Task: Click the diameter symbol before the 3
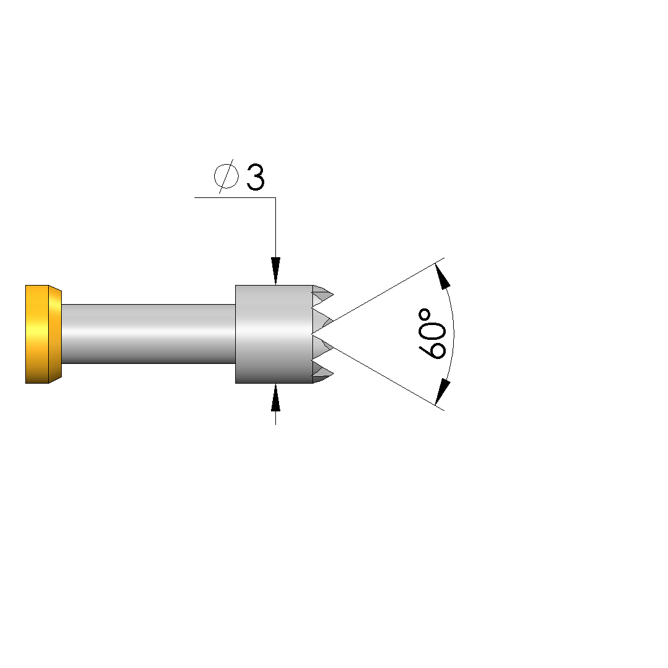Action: (226, 176)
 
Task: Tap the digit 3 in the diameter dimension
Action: (256, 177)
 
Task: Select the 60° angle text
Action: (432, 334)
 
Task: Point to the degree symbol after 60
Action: (425, 316)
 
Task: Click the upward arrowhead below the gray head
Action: (276, 397)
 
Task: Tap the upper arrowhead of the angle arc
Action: (443, 276)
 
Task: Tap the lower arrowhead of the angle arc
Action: (443, 392)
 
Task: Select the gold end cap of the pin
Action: (43, 334)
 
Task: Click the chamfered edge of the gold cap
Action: (56, 334)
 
